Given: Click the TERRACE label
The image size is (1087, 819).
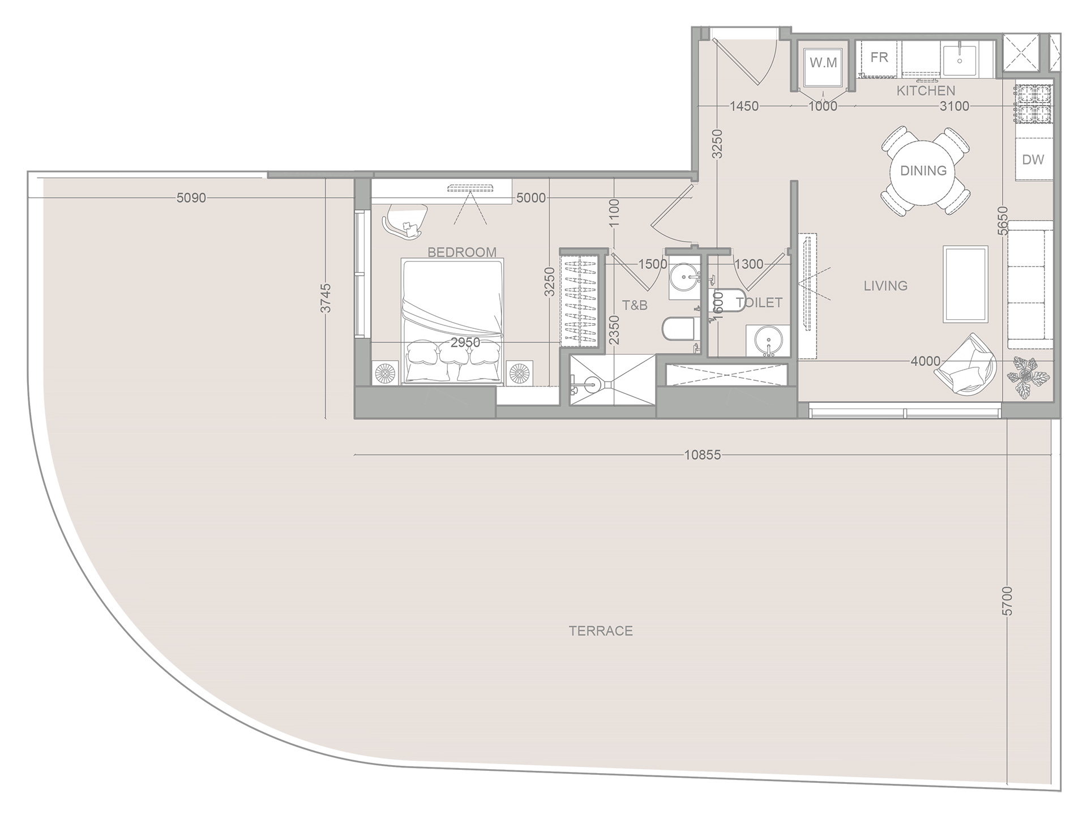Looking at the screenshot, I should click(601, 631).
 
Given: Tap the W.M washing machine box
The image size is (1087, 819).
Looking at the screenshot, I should click(823, 63).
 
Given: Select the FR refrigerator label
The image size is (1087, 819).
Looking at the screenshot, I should click(879, 57).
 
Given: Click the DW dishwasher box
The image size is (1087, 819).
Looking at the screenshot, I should click(1033, 160).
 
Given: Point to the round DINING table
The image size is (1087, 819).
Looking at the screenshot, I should click(923, 170).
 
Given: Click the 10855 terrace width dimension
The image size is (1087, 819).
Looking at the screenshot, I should click(703, 455).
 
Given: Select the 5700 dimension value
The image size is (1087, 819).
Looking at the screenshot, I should click(1007, 601).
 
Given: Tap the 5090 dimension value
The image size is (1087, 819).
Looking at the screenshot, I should click(191, 198).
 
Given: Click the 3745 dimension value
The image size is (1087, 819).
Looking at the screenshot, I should click(326, 298).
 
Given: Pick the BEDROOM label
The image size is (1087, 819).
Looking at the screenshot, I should click(462, 252).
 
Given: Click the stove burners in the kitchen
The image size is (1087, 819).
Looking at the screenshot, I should click(1033, 104).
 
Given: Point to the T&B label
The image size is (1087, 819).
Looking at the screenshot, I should click(635, 306).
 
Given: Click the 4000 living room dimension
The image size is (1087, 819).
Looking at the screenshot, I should click(925, 361).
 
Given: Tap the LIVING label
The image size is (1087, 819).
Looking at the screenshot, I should click(885, 286).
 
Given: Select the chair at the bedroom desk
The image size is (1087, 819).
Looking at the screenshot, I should click(405, 219).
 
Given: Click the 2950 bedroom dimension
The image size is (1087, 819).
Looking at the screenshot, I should click(465, 342).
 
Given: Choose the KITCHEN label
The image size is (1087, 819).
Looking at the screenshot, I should click(926, 91).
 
